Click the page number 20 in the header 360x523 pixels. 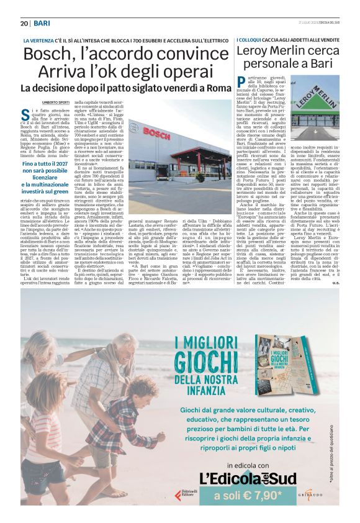[x=24, y=23]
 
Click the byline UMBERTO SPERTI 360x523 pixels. [x=54, y=101]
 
